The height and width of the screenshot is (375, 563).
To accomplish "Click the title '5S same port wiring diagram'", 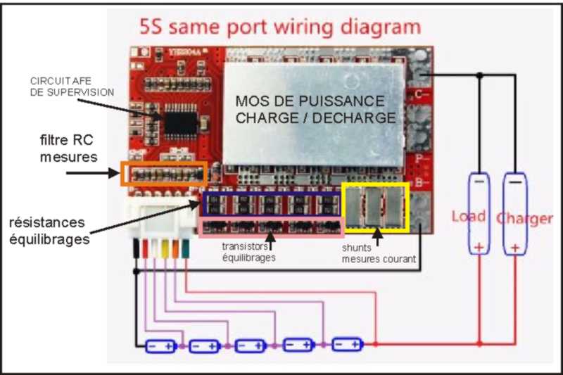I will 281,28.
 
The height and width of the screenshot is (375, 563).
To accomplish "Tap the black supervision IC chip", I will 180,121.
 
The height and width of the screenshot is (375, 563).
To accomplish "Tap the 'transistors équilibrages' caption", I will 248,252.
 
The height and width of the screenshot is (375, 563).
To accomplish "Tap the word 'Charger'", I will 524,217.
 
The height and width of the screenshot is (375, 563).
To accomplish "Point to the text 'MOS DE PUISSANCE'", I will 310,101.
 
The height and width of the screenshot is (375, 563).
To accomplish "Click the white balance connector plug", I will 163,222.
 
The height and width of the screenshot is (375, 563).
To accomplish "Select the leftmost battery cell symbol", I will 160,345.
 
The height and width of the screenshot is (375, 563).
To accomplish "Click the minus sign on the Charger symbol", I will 516,182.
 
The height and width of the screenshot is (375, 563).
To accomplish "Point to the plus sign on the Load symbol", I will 479,246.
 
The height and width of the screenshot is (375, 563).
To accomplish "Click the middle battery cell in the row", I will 251,345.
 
